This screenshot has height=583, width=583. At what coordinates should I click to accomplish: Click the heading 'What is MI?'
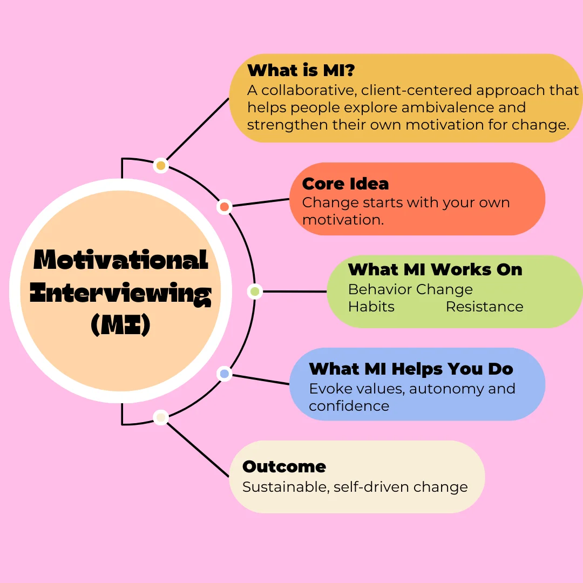[x=301, y=70]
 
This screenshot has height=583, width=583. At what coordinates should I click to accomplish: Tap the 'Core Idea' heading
[x=345, y=184]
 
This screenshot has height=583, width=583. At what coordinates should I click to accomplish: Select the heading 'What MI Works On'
[x=435, y=269]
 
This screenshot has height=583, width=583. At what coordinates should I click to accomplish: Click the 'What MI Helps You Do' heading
[x=411, y=369]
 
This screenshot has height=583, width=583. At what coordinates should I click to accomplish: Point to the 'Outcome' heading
[x=284, y=466]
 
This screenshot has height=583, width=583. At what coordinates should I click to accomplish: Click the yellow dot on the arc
[x=161, y=166]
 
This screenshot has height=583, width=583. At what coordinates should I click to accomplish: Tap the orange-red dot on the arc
[x=225, y=207]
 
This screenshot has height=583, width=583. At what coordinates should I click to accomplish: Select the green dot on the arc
[x=255, y=291]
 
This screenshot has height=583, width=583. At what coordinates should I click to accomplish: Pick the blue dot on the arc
[x=225, y=374]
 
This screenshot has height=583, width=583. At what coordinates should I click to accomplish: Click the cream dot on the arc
[x=161, y=417]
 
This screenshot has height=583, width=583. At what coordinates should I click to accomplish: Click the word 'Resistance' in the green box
[x=484, y=307]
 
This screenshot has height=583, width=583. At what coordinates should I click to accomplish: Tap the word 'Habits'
[x=371, y=307]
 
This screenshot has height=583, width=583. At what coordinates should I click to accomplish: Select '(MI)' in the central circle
[x=121, y=324]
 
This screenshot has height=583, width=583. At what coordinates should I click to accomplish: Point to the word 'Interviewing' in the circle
[x=121, y=294]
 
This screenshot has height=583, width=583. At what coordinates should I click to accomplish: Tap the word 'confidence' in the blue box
[x=349, y=406]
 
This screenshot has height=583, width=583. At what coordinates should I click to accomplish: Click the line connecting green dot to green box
[x=295, y=291]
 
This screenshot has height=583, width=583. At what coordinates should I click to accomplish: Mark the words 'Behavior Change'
[x=410, y=289]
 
